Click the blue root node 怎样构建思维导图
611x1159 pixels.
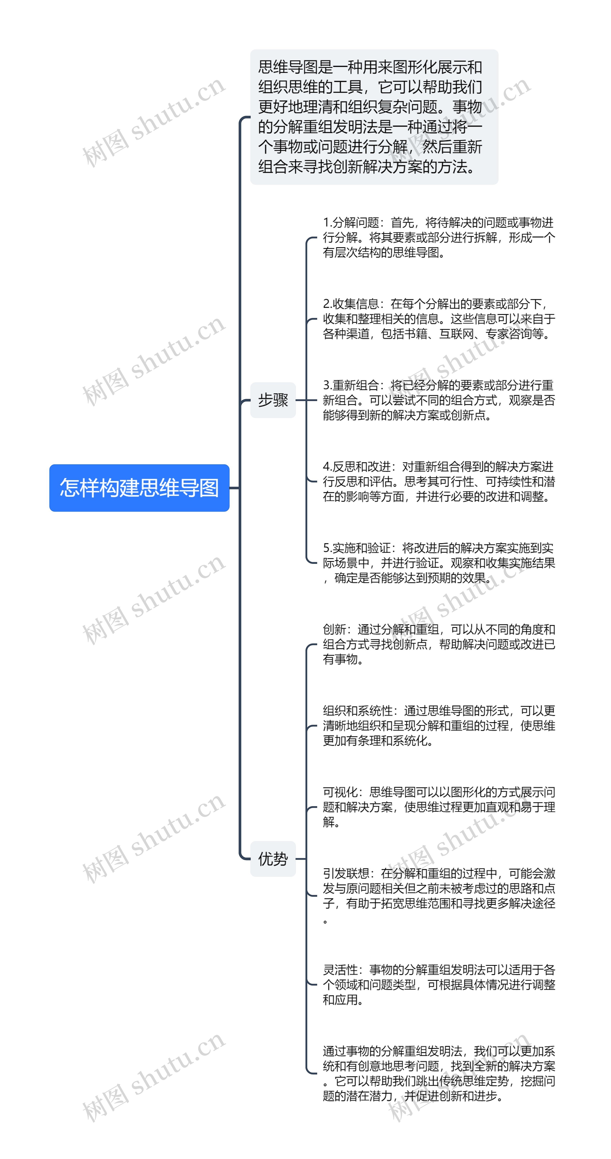pos(139,488)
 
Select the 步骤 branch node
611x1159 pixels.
pos(273,400)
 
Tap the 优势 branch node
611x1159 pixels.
pos(273,858)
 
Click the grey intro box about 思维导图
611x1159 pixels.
pos(374,117)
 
